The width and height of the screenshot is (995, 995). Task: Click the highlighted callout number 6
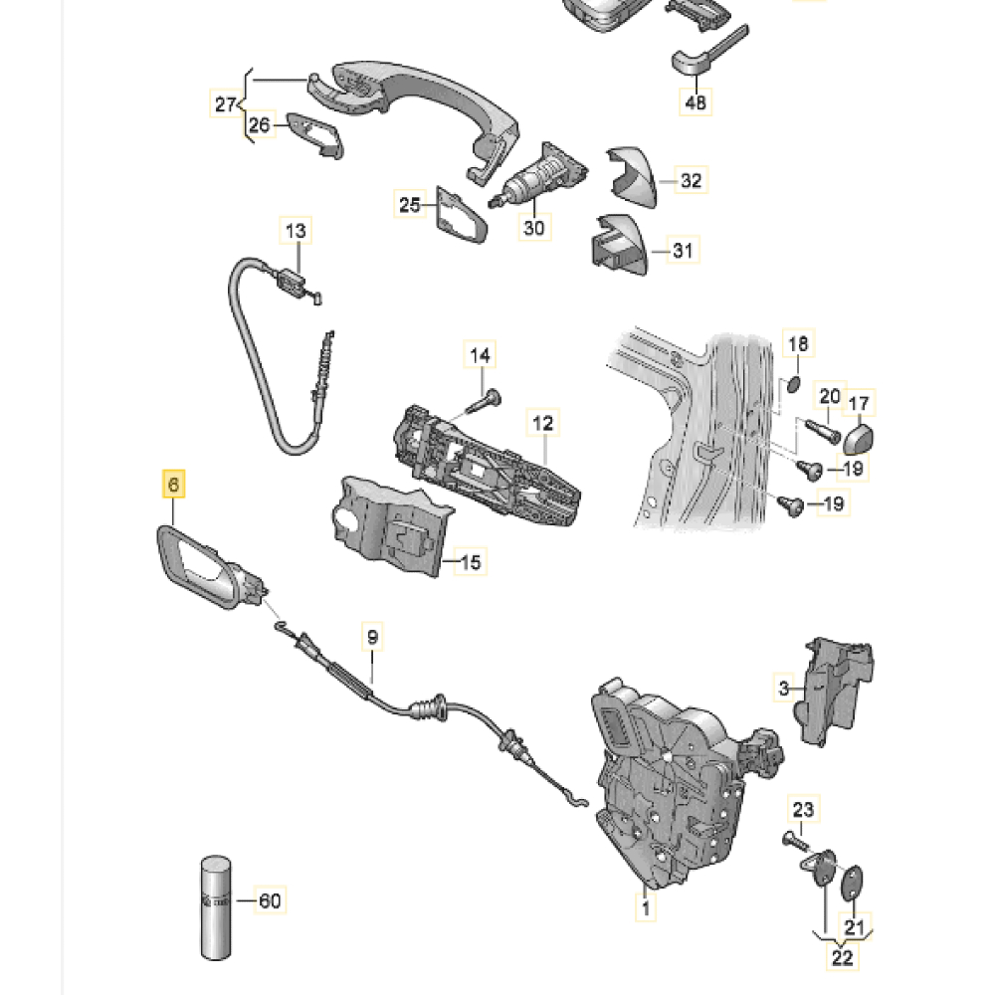[173, 486]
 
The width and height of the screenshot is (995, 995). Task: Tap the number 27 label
[226, 102]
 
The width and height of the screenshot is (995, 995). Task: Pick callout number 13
[297, 231]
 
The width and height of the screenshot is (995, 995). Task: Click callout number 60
[270, 901]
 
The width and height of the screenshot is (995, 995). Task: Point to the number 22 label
[842, 957]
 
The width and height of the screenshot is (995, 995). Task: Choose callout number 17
[858, 403]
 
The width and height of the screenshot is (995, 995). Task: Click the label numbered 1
[645, 906]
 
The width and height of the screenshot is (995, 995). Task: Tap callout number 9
[373, 635]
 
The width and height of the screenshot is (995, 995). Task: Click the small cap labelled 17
[859, 436]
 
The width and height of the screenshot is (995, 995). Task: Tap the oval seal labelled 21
[854, 882]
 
